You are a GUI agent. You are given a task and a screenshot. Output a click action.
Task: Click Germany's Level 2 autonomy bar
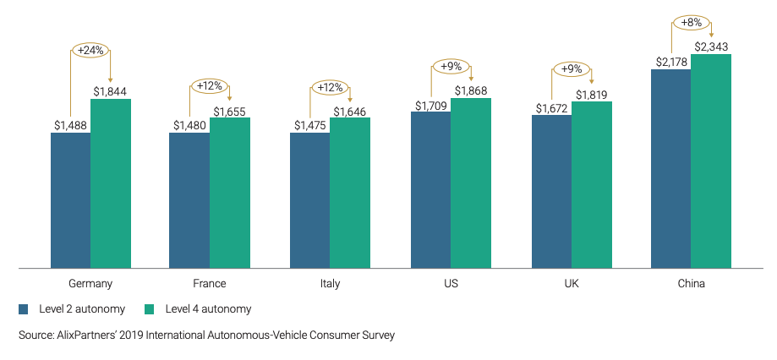(x=70, y=200)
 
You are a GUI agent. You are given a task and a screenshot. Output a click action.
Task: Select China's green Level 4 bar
(x=711, y=161)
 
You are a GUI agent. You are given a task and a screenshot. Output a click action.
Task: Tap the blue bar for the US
(x=430, y=190)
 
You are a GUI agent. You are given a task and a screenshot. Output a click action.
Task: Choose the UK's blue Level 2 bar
(x=551, y=192)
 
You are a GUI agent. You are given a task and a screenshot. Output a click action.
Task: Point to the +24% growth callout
(x=90, y=51)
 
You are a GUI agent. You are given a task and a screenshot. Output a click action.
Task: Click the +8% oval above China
(x=692, y=24)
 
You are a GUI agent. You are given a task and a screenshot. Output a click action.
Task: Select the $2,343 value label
(x=711, y=46)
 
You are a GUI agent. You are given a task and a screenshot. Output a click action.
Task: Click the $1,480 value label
(x=189, y=125)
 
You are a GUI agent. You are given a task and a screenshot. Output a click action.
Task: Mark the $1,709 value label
(x=430, y=105)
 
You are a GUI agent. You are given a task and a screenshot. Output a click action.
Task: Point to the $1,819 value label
(x=591, y=94)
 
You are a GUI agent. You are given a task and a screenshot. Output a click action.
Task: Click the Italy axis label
(x=330, y=284)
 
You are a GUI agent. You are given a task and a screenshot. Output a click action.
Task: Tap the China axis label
(x=691, y=284)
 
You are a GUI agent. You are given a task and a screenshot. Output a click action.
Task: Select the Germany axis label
(x=90, y=284)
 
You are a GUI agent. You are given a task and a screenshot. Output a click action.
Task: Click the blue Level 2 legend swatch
(x=24, y=309)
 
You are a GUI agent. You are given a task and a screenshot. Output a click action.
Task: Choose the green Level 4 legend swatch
(x=150, y=309)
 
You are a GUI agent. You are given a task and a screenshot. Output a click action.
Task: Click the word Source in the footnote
(x=36, y=335)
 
